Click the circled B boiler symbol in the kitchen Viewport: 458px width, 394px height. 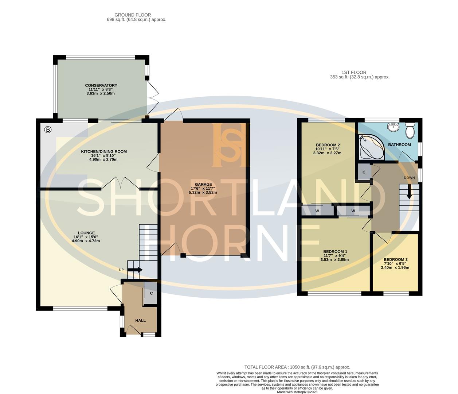tap(48, 130)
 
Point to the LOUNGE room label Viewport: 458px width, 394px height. tap(86, 233)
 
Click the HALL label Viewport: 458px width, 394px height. tap(140, 320)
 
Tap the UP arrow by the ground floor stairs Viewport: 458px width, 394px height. tap(134, 270)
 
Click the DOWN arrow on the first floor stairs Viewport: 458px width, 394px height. tap(409, 192)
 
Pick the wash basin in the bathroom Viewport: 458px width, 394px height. tap(392, 127)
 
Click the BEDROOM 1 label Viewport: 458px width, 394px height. tap(335, 252)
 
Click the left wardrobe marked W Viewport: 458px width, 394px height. tap(317, 211)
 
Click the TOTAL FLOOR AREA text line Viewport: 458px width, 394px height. tap(297, 367)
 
